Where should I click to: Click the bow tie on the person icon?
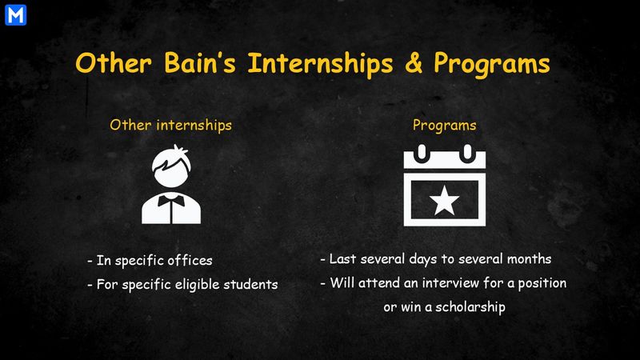170,198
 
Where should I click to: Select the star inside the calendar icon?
445,202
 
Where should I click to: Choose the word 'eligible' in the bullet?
192,284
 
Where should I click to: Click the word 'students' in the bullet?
249,284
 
